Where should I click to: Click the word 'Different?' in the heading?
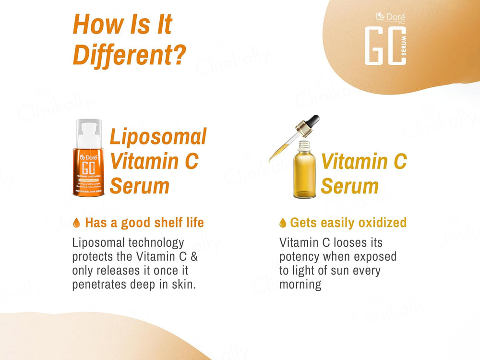point(129,55)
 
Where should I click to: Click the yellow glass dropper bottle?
point(304,175)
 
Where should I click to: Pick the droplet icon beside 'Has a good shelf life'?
point(76,223)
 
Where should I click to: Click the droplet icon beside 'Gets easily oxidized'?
point(283,223)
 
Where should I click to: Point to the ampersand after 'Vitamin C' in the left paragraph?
point(194,256)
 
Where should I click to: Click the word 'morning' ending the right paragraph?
point(300,284)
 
